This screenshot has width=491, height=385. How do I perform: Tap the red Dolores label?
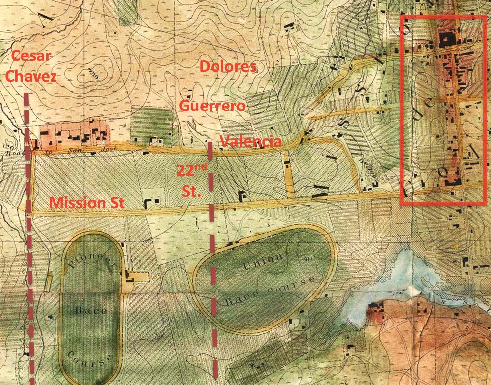[227, 66]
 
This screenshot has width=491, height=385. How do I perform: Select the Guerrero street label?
[212, 105]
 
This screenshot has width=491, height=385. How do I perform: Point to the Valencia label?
[251, 141]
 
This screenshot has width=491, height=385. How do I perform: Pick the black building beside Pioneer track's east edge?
[130, 275]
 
